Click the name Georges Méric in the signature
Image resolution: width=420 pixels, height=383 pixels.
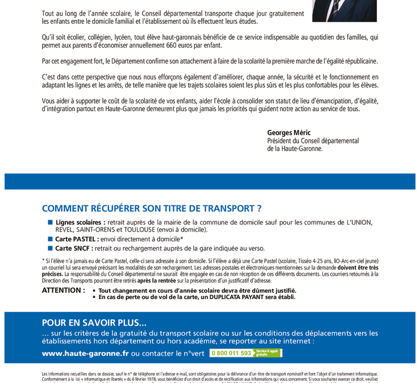tap(289, 132)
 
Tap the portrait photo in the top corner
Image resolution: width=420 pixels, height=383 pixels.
tap(344, 10)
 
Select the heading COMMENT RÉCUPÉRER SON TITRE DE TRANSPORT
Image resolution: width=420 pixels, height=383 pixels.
tap(152, 209)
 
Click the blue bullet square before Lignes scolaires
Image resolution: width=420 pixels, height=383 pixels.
tap(50, 222)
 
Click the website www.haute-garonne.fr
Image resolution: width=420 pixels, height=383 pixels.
tap(85, 353)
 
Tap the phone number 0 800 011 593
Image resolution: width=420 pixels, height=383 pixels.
tap(231, 353)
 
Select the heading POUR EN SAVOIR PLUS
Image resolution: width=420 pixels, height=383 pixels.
tap(94, 322)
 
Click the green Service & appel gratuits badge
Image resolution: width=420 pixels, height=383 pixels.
tap(267, 353)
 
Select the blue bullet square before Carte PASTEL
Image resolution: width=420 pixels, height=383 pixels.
tap(50, 239)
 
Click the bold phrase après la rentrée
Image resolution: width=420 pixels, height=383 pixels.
tap(156, 279)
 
